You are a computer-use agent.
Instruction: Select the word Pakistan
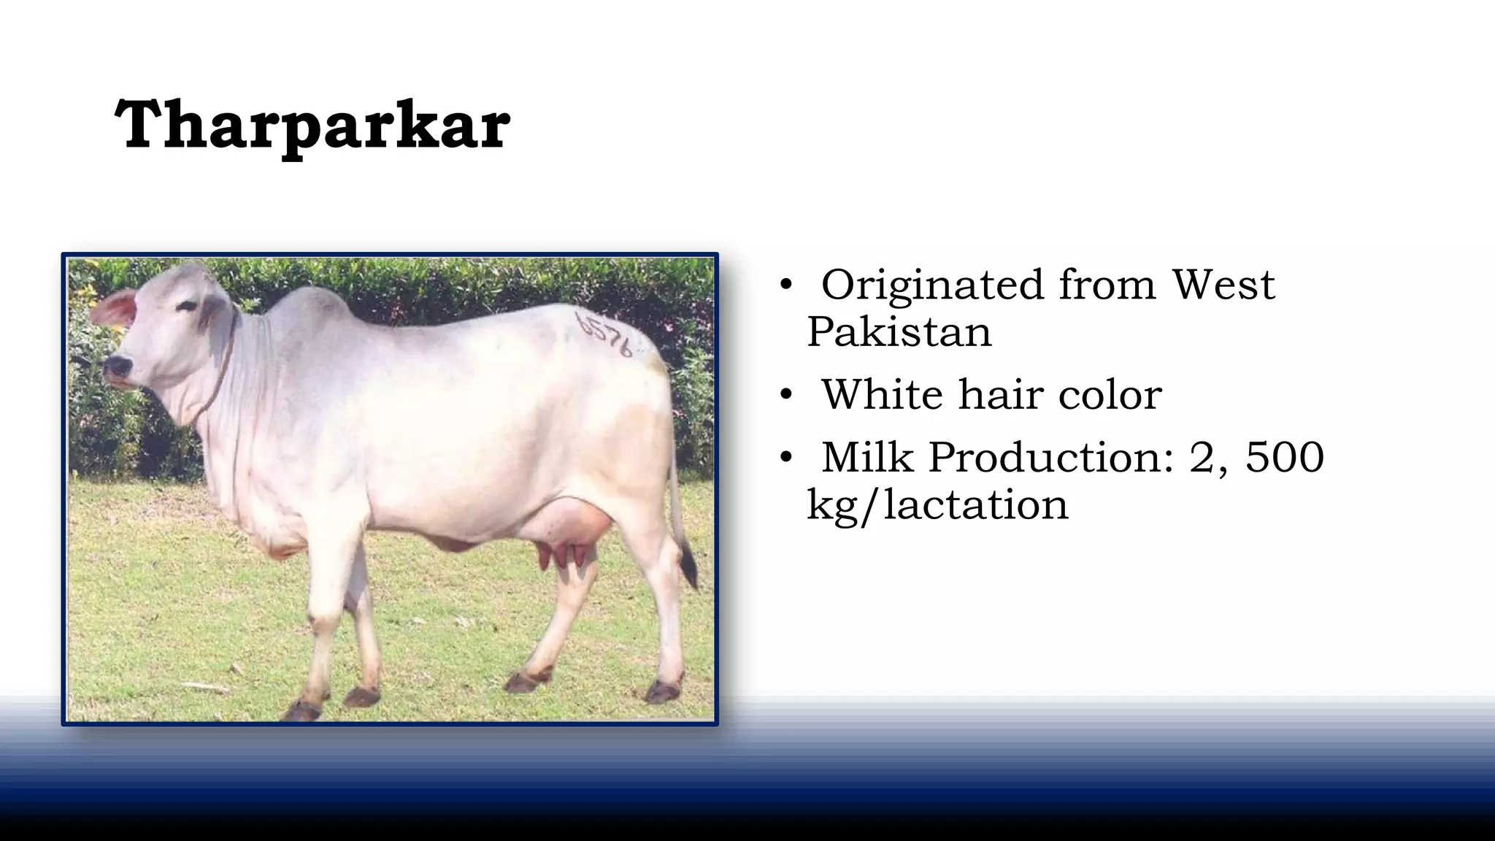899,332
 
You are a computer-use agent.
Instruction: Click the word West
1223,285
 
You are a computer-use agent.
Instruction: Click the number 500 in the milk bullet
1285,458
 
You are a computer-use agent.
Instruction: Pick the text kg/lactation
937,505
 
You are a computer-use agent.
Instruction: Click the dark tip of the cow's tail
688,567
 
